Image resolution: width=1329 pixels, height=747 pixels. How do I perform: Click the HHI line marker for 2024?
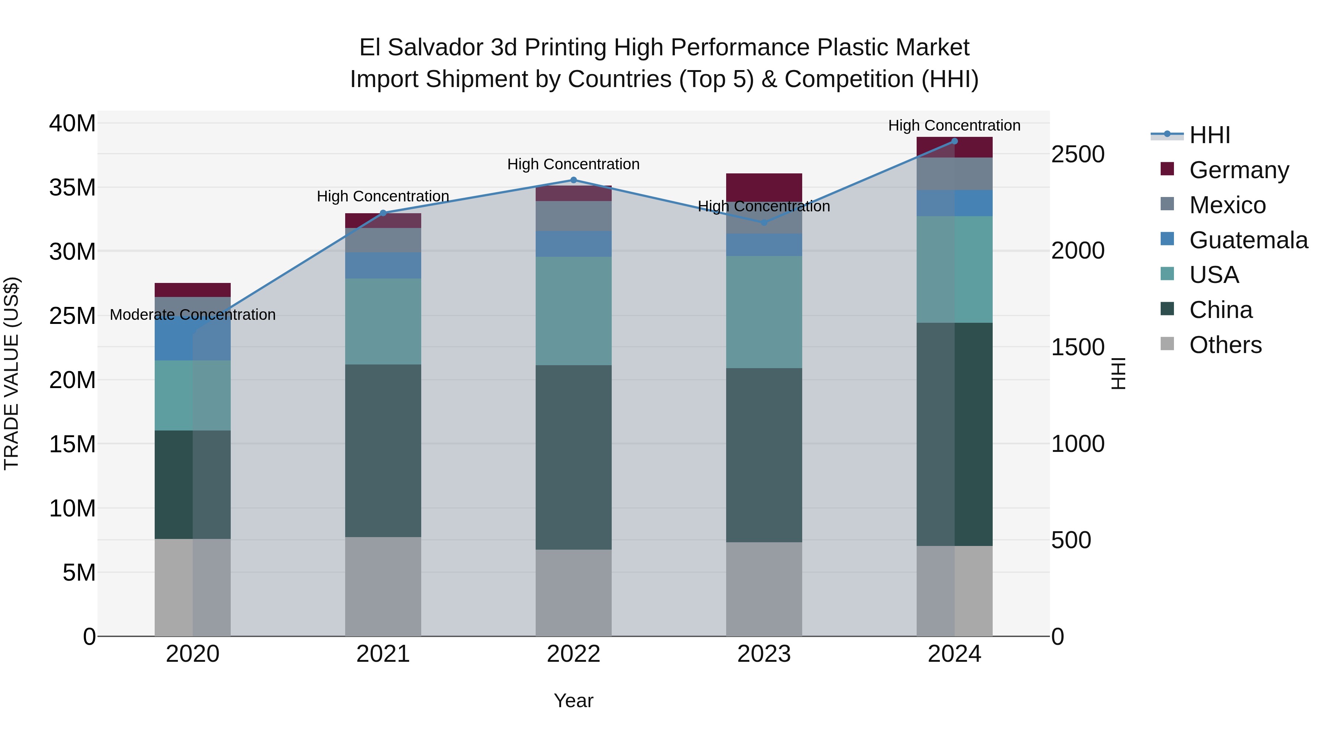tap(954, 141)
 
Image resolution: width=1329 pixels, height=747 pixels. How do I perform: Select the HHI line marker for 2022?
tap(573, 180)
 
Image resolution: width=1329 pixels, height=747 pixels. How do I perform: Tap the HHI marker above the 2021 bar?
tap(383, 213)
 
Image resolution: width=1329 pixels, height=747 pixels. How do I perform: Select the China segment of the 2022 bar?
tap(573, 457)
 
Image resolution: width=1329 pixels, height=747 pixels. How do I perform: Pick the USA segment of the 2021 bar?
tap(383, 322)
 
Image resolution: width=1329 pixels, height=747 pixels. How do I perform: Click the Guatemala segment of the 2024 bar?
tap(954, 203)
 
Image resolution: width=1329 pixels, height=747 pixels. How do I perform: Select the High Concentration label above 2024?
tap(954, 126)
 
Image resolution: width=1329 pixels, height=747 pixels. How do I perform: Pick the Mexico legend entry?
tap(1227, 205)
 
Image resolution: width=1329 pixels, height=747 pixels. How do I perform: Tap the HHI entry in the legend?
tap(1209, 135)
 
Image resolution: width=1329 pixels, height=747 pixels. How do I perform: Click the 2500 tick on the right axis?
tap(1077, 154)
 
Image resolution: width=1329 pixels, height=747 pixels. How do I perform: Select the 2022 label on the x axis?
tap(573, 654)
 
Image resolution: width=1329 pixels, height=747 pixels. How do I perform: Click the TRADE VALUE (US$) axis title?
tap(11, 373)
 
